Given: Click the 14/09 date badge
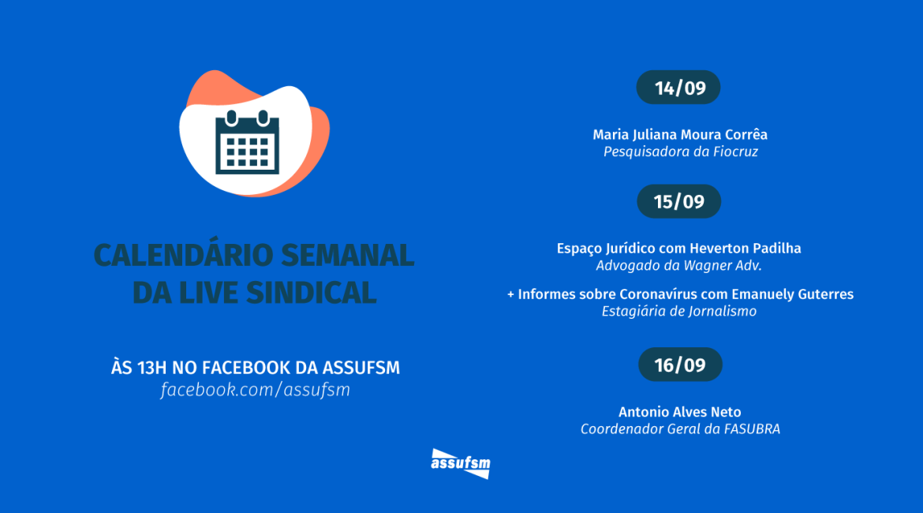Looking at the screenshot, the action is pyautogui.click(x=678, y=87).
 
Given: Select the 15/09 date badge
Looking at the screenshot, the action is pyautogui.click(x=678, y=201).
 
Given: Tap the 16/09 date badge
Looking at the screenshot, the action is pyautogui.click(x=680, y=365).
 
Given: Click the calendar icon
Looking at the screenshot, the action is pyautogui.click(x=247, y=142).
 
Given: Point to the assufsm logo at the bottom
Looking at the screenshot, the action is pyautogui.click(x=461, y=463).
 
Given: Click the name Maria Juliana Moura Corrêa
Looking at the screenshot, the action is pyautogui.click(x=680, y=135).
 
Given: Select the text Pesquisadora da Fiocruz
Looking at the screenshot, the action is pyautogui.click(x=681, y=152).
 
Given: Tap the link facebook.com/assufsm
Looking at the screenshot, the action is pyautogui.click(x=256, y=390).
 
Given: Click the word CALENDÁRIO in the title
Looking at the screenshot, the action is pyautogui.click(x=184, y=255).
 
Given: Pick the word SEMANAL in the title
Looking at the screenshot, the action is pyautogui.click(x=347, y=255).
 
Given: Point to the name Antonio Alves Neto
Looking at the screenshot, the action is pyautogui.click(x=680, y=412).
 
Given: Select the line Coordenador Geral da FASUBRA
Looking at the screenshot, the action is pyautogui.click(x=681, y=429).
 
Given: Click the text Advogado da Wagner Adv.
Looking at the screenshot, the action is pyautogui.click(x=678, y=266).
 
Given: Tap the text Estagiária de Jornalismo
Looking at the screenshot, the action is pyautogui.click(x=678, y=311).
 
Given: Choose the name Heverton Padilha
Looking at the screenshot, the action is pyautogui.click(x=745, y=249).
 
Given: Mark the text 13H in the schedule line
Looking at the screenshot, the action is pyautogui.click(x=152, y=368).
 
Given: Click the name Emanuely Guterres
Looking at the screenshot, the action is pyautogui.click(x=792, y=294).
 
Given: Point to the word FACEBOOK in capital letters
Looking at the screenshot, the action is pyautogui.click(x=246, y=368).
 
